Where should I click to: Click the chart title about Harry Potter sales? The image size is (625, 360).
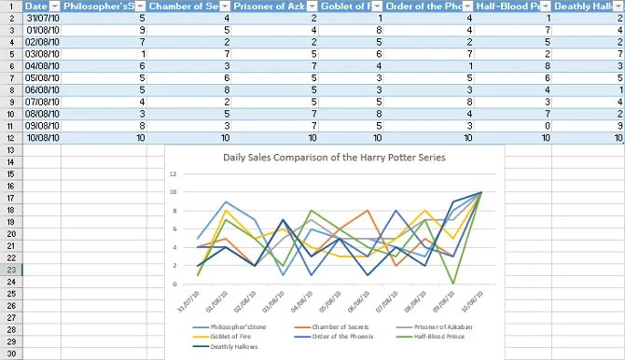click(334, 157)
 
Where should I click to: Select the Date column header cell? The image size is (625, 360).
click(36, 6)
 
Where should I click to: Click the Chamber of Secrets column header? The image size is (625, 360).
click(187, 6)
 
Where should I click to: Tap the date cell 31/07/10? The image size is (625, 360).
click(43, 18)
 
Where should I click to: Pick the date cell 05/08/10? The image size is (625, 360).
click(43, 78)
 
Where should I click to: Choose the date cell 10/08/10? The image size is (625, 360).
click(43, 138)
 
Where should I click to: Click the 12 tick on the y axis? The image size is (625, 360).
click(174, 174)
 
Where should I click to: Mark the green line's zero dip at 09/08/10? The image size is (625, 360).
click(453, 283)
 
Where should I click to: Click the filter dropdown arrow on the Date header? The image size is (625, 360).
click(54, 6)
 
